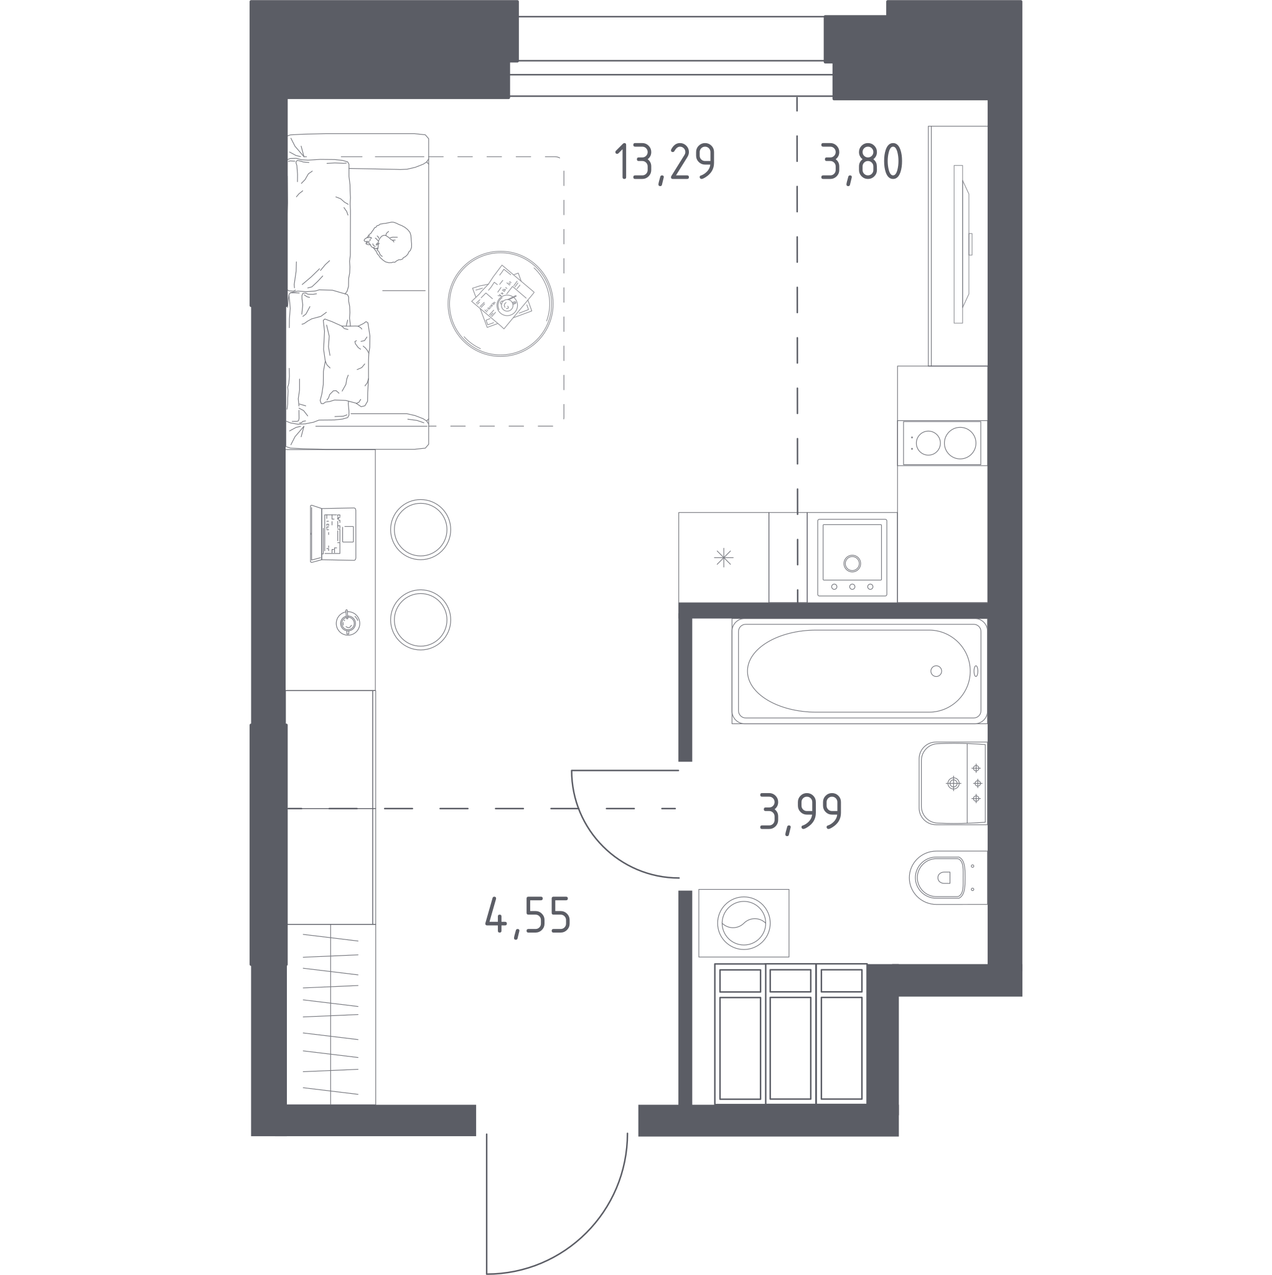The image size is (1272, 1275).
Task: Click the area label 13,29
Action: [x=665, y=164]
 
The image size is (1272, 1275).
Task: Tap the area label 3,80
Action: [x=862, y=162]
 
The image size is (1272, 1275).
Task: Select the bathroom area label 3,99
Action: [x=800, y=813]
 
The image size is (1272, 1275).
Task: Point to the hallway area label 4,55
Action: [x=528, y=916]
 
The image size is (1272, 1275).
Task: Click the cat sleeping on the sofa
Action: [x=388, y=242]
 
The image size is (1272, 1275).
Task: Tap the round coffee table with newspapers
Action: [x=500, y=304]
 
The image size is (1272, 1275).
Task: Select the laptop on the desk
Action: [x=333, y=534]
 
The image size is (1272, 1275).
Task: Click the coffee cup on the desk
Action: [x=348, y=623]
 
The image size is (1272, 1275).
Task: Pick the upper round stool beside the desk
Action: [x=420, y=529]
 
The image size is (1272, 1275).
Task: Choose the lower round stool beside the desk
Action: [x=420, y=619]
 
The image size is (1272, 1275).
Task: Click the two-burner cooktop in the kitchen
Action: [x=942, y=443]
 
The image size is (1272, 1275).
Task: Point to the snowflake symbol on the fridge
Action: [x=724, y=558]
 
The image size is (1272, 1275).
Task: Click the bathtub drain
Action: [x=935, y=671]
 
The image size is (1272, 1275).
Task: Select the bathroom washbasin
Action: [x=953, y=783]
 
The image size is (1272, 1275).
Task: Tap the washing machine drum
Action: [x=744, y=923]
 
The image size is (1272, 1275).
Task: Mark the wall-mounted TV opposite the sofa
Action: [x=961, y=244]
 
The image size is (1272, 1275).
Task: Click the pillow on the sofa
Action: [x=345, y=362]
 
